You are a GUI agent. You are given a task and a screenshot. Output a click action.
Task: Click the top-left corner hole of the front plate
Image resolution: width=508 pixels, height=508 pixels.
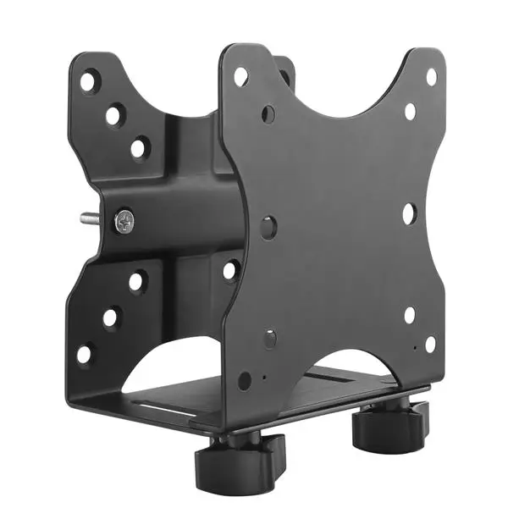point(240,76)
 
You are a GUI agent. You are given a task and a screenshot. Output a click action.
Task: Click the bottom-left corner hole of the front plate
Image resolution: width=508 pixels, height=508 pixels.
point(244,381)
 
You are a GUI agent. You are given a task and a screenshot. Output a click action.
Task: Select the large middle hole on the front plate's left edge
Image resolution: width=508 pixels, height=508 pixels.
point(268,226)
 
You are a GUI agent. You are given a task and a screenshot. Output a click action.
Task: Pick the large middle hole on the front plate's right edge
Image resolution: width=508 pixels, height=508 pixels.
point(409,213)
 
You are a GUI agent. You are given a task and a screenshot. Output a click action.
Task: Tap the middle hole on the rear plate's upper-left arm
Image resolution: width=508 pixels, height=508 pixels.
point(113,116)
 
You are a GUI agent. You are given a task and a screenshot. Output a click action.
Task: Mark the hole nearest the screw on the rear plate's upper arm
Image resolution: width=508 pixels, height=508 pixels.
point(138,149)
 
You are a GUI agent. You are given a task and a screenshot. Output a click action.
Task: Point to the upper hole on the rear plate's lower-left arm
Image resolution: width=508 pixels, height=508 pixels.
point(136,282)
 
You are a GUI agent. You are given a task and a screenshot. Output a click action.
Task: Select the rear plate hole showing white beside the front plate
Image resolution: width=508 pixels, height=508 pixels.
point(230,272)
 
